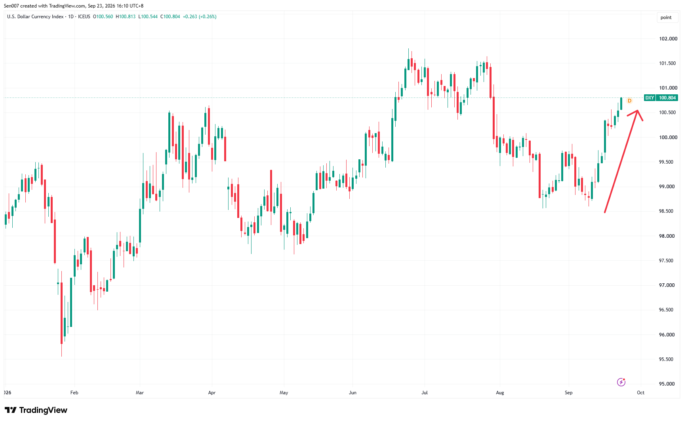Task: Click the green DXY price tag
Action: (650, 98)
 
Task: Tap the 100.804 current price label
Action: (667, 98)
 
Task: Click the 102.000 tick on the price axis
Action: (668, 39)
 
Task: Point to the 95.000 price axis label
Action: (667, 384)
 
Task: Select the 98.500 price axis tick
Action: (667, 211)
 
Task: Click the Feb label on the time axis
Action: (74, 393)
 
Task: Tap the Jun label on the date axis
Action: (352, 393)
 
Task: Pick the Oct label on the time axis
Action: (640, 393)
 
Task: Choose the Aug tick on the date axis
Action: (500, 393)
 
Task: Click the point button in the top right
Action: (666, 17)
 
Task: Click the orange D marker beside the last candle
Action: (629, 101)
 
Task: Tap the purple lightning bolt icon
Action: (621, 382)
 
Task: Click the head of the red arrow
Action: (637, 111)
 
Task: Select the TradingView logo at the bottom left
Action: (36, 410)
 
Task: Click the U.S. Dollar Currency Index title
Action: (35, 17)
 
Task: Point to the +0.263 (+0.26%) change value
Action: (200, 17)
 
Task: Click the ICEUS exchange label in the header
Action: (84, 17)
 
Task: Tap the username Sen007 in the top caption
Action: (11, 6)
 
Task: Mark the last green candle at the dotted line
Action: (621, 103)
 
